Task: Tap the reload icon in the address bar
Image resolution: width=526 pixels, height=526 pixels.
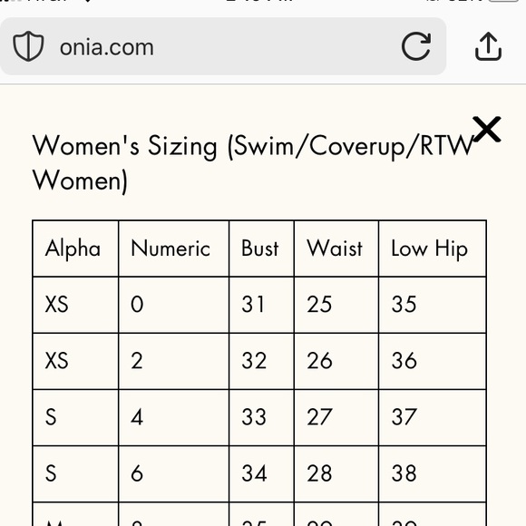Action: coord(415,46)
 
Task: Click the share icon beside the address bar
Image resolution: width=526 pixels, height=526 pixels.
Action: coord(488,46)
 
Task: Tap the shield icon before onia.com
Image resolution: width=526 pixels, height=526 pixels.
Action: coord(28,47)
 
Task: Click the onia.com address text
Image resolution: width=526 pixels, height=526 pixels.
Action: coord(106,47)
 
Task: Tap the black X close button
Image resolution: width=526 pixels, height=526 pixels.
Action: coord(487,130)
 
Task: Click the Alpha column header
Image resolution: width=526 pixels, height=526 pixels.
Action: coord(73,248)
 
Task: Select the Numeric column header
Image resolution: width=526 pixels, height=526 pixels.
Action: coord(170,248)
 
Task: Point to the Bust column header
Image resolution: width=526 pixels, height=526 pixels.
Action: coord(260,248)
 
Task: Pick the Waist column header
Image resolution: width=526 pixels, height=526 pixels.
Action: coord(335,248)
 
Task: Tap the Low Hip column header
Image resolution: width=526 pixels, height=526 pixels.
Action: coord(429,248)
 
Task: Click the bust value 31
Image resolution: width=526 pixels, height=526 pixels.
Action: coord(253,305)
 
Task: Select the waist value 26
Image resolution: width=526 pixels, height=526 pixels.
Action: coord(319,361)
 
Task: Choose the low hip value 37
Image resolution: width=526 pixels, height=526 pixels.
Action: coord(404,417)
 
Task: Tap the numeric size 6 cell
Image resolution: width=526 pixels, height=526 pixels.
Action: coord(137,473)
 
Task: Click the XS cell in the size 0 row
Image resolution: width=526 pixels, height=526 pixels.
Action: coord(57,305)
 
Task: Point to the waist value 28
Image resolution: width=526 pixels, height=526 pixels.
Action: coord(319,473)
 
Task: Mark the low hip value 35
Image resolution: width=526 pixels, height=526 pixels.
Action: coord(404,305)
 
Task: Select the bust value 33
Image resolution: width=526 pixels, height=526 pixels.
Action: coord(254,417)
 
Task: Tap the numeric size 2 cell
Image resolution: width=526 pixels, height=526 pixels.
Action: coord(137,361)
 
